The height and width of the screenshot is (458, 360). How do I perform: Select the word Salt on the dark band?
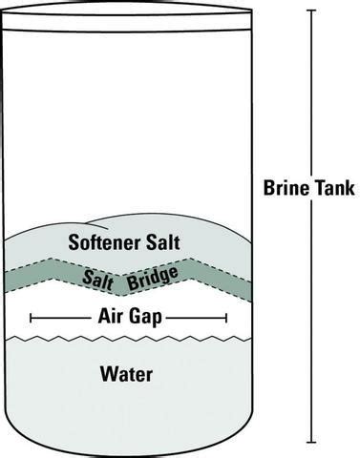click(x=98, y=277)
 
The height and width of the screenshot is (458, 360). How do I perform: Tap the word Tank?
click(x=332, y=188)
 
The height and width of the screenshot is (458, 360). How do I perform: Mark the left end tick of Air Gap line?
click(x=32, y=317)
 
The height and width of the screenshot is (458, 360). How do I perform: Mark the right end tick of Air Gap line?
click(x=226, y=317)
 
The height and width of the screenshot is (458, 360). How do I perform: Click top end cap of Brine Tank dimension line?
click(x=310, y=10)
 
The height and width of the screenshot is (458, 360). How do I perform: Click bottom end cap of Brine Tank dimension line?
click(x=310, y=444)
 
